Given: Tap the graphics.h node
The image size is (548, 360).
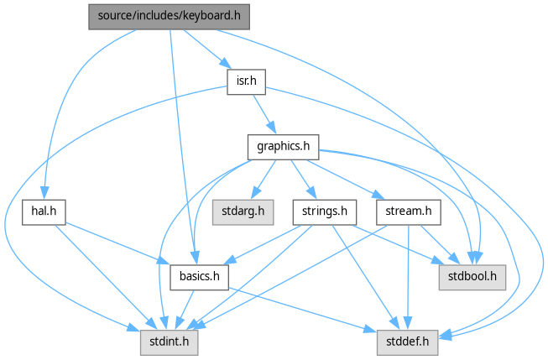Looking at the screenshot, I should (283, 147).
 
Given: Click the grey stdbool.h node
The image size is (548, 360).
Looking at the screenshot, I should (472, 276).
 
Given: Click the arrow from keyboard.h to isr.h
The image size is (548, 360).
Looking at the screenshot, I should (204, 49).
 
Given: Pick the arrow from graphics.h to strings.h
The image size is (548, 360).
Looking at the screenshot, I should (300, 178).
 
